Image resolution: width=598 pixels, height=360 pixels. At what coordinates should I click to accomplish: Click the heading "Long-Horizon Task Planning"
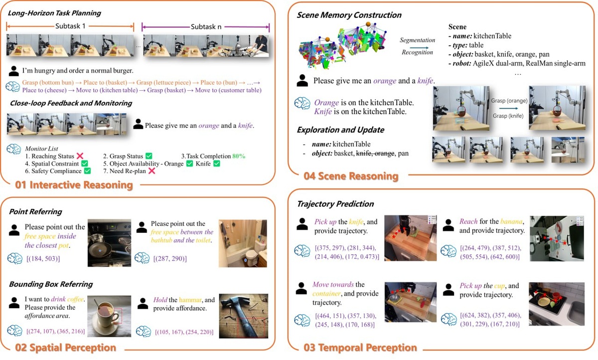pyautogui.click(x=54, y=13)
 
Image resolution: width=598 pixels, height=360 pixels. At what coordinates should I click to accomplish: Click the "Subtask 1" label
pyautogui.click(x=70, y=26)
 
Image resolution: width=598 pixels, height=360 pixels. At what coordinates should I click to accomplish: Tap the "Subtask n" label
pyautogui.click(x=206, y=26)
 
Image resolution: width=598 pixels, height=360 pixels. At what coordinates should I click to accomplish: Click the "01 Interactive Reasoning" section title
pyautogui.click(x=74, y=185)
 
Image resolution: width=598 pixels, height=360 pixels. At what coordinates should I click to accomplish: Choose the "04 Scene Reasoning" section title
pyautogui.click(x=351, y=176)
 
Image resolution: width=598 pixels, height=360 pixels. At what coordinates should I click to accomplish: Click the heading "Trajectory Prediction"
pyautogui.click(x=335, y=203)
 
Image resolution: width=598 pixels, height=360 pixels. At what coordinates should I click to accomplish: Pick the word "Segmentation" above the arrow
pyautogui.click(x=417, y=40)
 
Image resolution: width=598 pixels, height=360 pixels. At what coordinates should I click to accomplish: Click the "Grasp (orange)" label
pyautogui.click(x=509, y=100)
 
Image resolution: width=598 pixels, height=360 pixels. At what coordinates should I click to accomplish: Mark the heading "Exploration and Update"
pyautogui.click(x=340, y=130)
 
